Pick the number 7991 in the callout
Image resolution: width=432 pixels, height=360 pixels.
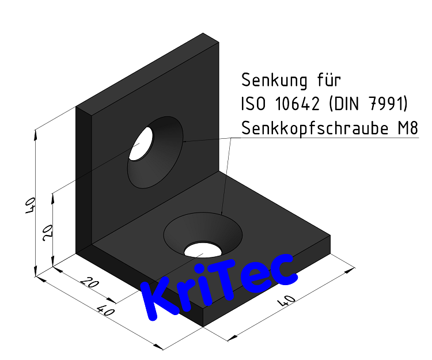pyautogui.click(x=390, y=104)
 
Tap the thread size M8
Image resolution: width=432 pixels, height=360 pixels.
pyautogui.click(x=407, y=127)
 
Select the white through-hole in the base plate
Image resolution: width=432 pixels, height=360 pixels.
pyautogui.click(x=203, y=249)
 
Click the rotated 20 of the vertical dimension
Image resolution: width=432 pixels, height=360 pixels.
pyautogui.click(x=48, y=232)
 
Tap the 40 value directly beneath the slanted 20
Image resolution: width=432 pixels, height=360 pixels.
pyautogui.click(x=105, y=312)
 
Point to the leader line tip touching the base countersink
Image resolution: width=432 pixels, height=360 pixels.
pyautogui.click(x=222, y=215)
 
